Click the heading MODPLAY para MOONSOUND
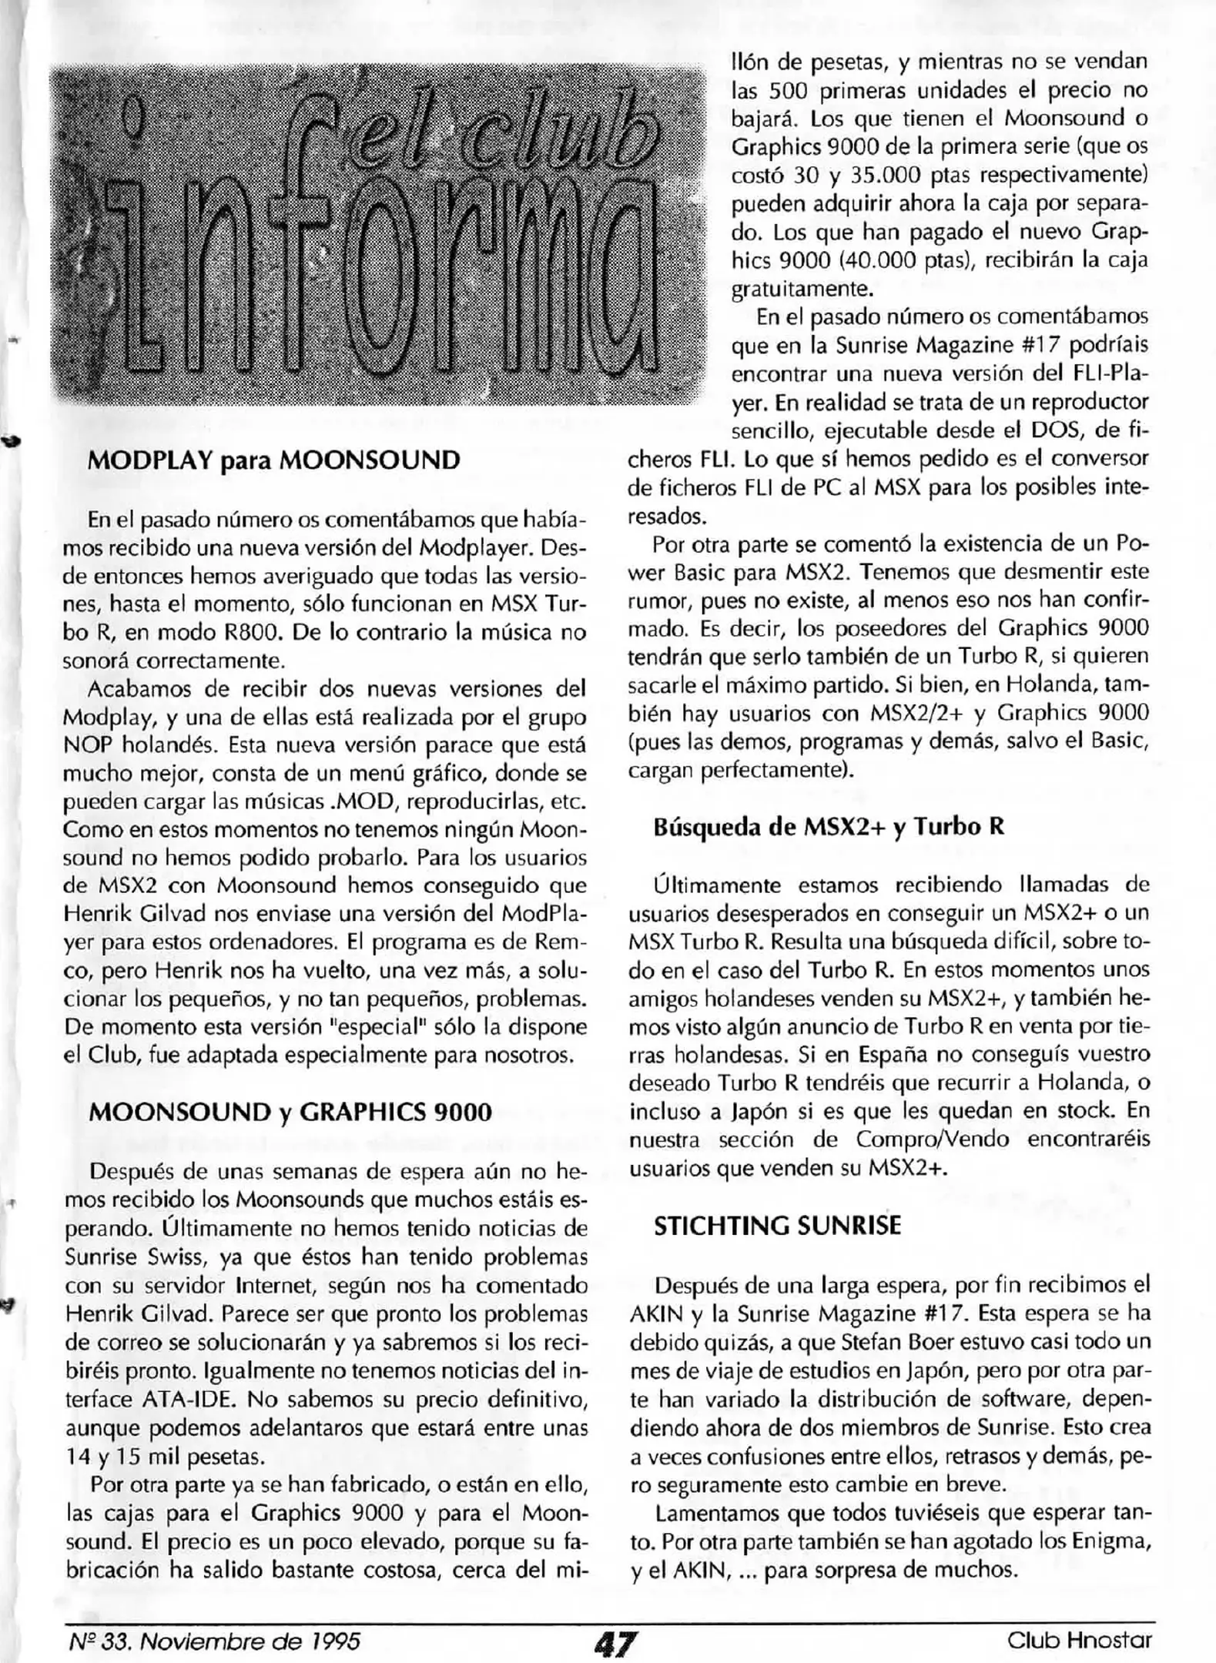point(274,460)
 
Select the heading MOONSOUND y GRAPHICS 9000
point(290,1113)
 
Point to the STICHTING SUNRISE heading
point(776,1226)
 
